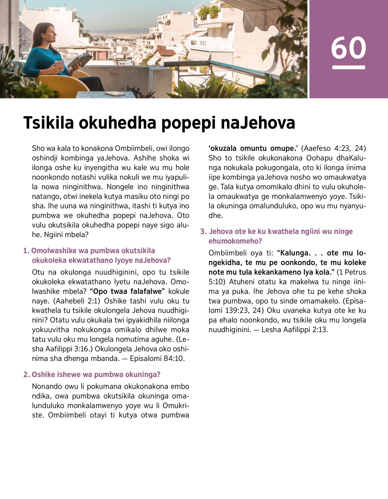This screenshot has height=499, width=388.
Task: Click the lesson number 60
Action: [348, 48]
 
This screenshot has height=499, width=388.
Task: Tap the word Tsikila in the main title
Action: [48, 123]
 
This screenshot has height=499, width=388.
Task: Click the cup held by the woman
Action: [59, 64]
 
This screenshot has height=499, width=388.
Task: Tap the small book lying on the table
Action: [115, 93]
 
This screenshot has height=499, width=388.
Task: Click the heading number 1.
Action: [26, 251]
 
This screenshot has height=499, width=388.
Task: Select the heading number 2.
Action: [26, 374]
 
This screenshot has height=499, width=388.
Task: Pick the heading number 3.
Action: [203, 232]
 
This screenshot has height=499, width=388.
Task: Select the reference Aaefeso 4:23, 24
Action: [333, 148]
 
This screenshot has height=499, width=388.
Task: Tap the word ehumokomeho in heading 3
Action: [235, 241]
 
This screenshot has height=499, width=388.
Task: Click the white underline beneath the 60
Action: [349, 67]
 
